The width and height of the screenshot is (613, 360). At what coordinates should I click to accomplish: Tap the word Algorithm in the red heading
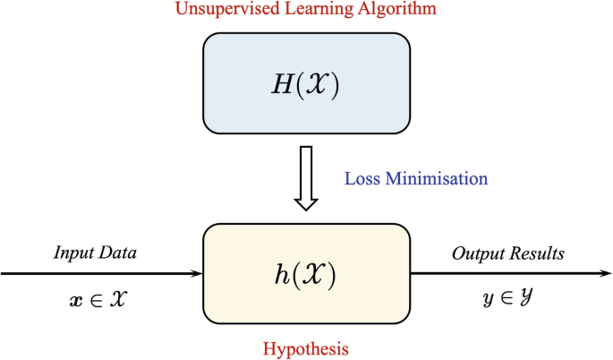tap(393, 11)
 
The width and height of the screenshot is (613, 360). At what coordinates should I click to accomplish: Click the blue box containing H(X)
tap(307, 82)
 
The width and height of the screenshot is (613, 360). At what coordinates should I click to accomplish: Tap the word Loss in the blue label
tap(362, 178)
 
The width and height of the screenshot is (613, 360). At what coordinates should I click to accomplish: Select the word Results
tap(536, 253)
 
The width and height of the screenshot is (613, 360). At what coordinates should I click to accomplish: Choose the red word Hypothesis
tap(307, 345)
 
